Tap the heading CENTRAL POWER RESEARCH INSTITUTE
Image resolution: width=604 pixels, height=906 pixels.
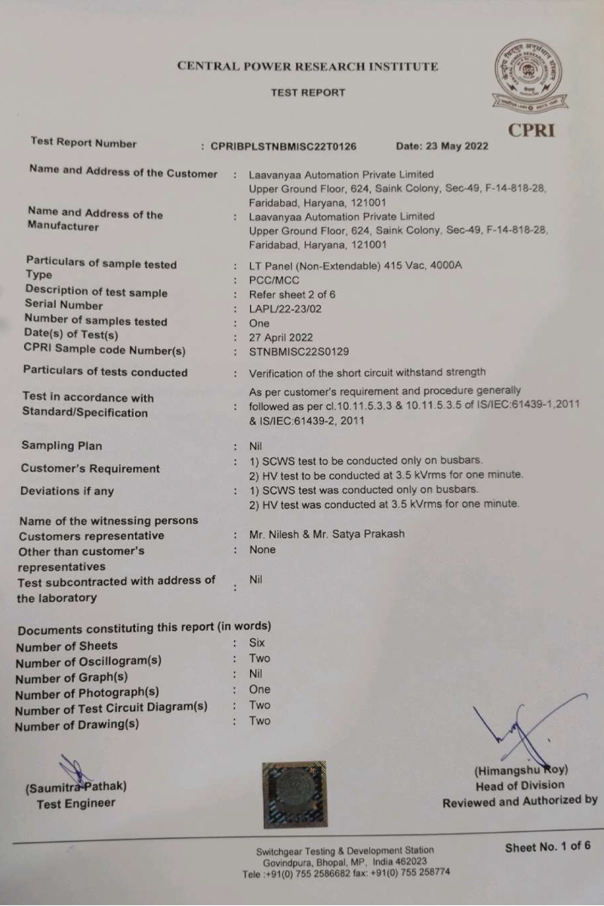(x=307, y=66)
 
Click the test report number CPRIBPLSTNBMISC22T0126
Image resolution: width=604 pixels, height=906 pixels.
(x=283, y=146)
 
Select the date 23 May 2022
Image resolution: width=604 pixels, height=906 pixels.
(x=442, y=146)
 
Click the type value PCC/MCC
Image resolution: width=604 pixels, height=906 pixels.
(x=274, y=280)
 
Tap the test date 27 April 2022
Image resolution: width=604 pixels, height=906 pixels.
(x=281, y=337)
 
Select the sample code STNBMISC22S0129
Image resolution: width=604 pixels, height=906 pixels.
(x=299, y=352)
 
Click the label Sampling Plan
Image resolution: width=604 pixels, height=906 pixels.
(x=61, y=445)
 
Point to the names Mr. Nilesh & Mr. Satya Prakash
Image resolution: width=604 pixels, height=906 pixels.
(x=327, y=534)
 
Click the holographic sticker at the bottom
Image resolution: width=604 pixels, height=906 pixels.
(x=294, y=794)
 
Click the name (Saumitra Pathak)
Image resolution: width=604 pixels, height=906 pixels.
(x=76, y=787)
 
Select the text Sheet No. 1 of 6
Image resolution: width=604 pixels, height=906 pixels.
(x=548, y=846)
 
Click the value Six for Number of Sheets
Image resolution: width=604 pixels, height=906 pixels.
(x=257, y=643)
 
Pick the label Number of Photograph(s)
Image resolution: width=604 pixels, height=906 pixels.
(x=87, y=692)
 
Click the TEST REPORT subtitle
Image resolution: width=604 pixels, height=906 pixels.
(x=307, y=93)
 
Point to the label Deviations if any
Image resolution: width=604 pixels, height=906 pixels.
(x=66, y=491)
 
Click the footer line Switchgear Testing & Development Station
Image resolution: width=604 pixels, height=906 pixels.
(x=345, y=850)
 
